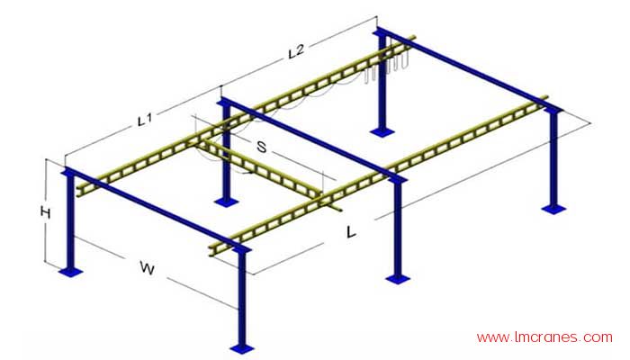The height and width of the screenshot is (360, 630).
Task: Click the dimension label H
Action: point(45,212)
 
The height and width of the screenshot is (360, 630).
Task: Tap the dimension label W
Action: point(148,267)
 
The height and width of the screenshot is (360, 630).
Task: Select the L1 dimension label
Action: point(144,120)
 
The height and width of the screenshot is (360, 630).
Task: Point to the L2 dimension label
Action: point(296,51)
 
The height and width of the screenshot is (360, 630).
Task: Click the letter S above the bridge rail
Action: point(262,147)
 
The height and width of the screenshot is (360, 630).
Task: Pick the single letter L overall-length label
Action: point(351,232)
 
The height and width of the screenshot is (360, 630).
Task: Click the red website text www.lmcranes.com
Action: point(544,337)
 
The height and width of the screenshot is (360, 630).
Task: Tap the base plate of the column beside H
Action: point(71,273)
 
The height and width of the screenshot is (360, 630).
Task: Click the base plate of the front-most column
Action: point(242,349)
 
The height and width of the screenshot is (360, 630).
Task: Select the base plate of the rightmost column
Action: point(553,209)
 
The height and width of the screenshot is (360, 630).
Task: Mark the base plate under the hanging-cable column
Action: point(382,131)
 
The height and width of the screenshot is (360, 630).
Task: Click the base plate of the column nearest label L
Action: point(398,279)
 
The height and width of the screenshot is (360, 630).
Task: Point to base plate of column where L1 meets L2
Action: point(227,202)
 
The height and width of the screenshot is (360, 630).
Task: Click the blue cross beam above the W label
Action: point(156,210)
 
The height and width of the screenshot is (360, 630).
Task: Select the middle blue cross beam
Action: point(312,139)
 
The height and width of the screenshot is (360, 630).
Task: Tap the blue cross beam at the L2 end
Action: point(468,69)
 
